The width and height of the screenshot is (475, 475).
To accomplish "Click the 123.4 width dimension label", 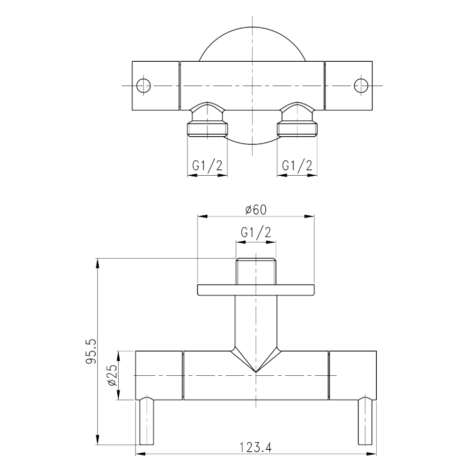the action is (255, 447).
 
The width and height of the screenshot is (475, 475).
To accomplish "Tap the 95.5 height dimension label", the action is (91, 351).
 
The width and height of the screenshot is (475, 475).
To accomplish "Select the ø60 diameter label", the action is (256, 210).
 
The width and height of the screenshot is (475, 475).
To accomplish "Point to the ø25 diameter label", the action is (112, 375).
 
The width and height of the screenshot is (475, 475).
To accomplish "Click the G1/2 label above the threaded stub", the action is (256, 232).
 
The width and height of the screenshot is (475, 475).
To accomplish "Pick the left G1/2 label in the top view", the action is (207, 166).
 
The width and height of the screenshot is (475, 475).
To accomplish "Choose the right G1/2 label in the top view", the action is (297, 166).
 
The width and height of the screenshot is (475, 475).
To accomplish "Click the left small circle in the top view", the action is (144, 85).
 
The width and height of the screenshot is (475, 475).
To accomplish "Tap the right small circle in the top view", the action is (361, 85).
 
